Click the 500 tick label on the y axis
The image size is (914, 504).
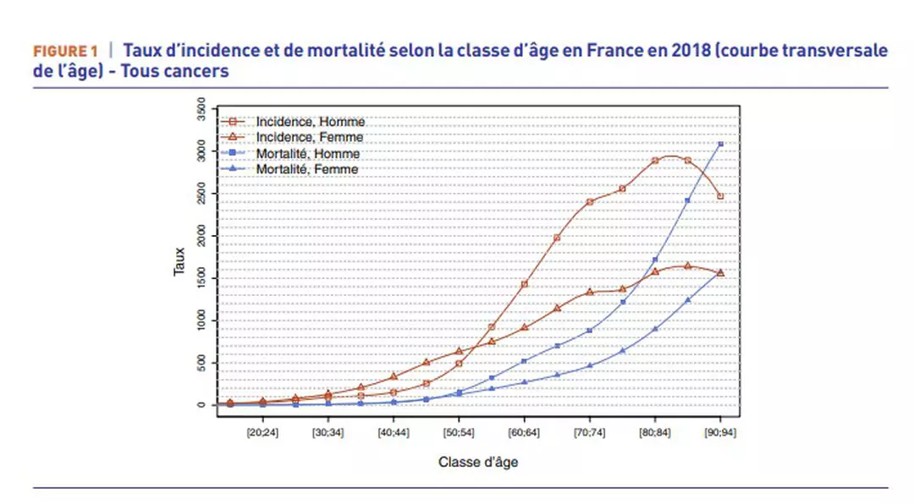point(201,363)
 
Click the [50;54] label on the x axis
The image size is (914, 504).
point(459,430)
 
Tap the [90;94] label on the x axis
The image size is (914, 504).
point(720,430)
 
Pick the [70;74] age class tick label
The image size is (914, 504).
point(590,430)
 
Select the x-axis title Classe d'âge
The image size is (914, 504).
point(478,462)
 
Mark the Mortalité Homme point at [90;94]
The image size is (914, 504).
point(720,145)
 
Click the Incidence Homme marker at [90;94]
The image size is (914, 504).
point(720,196)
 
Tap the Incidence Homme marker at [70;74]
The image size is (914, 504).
point(590,201)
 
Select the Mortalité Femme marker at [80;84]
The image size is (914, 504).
point(655,329)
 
